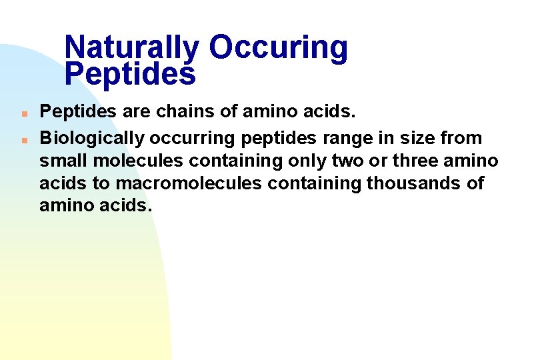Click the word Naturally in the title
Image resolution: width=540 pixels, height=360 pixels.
[x=132, y=48]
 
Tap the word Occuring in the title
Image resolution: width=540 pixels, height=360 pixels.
[x=278, y=48]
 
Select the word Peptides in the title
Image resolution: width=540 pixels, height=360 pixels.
[x=131, y=74]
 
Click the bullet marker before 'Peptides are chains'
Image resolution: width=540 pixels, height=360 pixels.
[x=23, y=113]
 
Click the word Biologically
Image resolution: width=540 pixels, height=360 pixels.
[x=92, y=139]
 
